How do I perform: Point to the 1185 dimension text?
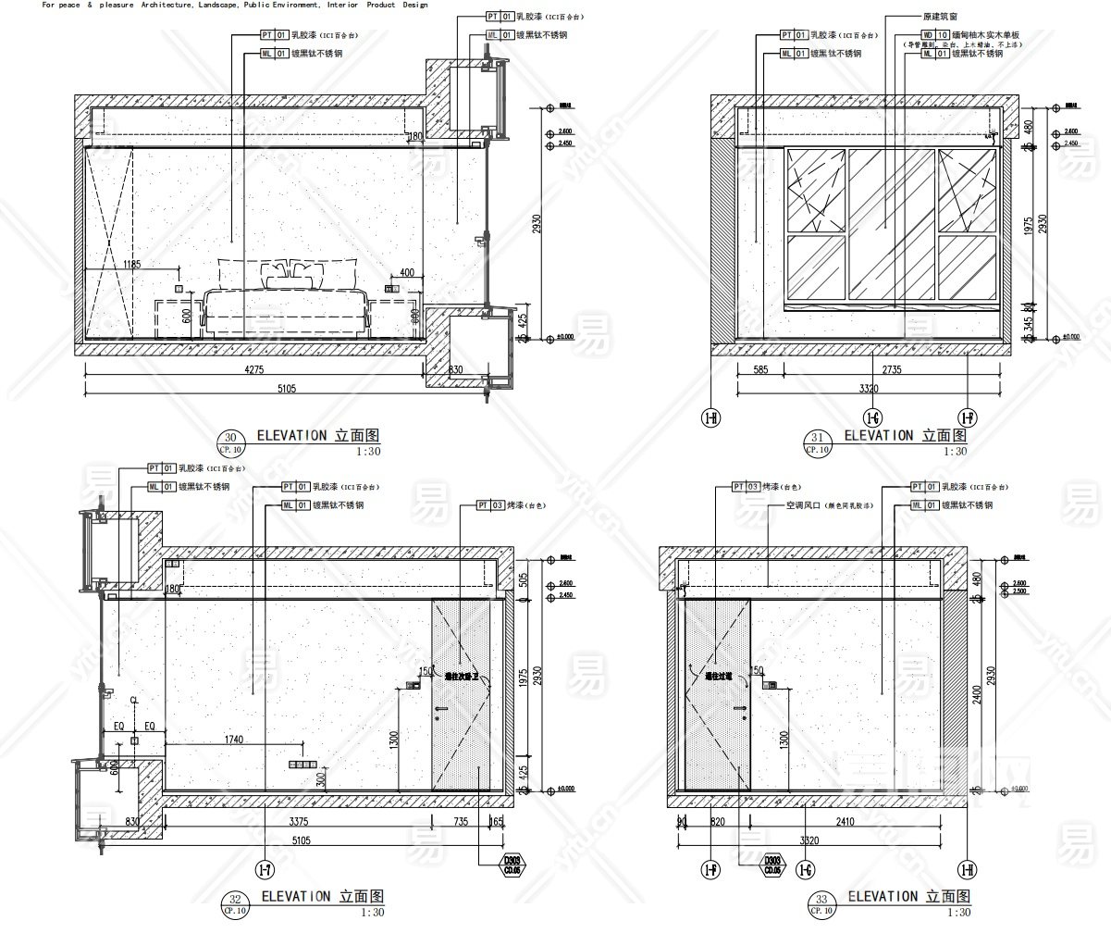[132, 265]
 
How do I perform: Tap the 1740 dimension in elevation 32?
[233, 739]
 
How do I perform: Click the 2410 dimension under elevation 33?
[845, 821]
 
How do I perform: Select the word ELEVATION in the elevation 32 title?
[295, 896]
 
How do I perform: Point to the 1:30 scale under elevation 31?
[955, 451]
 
